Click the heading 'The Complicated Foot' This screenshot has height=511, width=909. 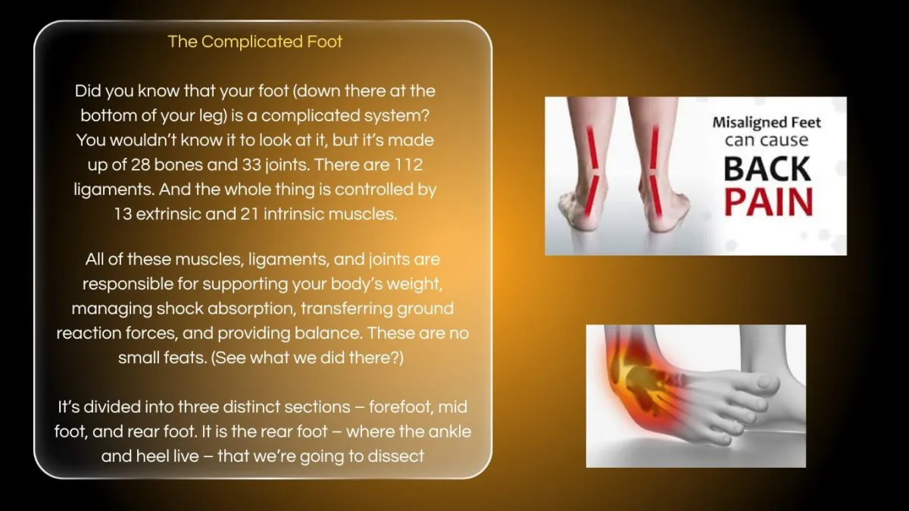[x=255, y=42]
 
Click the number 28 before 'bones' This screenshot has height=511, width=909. [x=139, y=165]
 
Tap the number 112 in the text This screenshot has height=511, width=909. [x=408, y=165]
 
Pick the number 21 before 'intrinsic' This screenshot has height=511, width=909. [x=249, y=214]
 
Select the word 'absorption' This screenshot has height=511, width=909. [x=251, y=309]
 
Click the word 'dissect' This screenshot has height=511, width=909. [x=395, y=456]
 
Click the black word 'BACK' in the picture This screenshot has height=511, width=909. [x=767, y=169]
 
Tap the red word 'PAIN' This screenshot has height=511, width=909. [x=769, y=202]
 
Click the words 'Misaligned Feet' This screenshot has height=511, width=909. [x=767, y=122]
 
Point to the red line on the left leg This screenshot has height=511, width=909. [x=592, y=171]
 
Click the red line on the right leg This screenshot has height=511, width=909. [x=655, y=171]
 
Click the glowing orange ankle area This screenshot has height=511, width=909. [x=641, y=386]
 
